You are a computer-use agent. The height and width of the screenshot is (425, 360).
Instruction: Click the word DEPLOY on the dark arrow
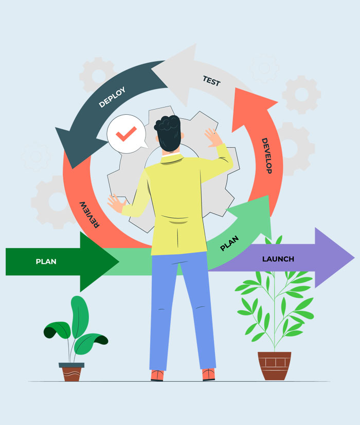click(x=112, y=97)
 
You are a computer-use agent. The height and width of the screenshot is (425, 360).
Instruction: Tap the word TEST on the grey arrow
click(x=211, y=81)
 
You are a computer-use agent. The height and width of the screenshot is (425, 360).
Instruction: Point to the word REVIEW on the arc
click(x=89, y=214)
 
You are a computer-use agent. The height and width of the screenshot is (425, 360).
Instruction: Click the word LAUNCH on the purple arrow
click(x=278, y=259)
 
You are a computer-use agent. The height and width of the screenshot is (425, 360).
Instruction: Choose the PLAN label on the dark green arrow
click(x=46, y=261)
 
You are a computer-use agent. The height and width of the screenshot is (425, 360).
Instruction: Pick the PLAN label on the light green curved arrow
click(x=229, y=243)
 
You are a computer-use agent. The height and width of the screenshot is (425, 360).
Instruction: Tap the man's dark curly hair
click(x=168, y=131)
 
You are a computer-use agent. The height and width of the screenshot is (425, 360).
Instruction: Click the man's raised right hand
click(x=212, y=137)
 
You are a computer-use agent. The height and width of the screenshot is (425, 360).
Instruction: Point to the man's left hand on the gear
click(x=116, y=203)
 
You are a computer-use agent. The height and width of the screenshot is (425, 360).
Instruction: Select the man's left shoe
click(x=157, y=375)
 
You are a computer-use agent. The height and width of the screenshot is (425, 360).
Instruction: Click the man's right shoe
click(x=208, y=374)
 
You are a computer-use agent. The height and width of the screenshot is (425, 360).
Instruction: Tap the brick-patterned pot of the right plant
click(x=274, y=365)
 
